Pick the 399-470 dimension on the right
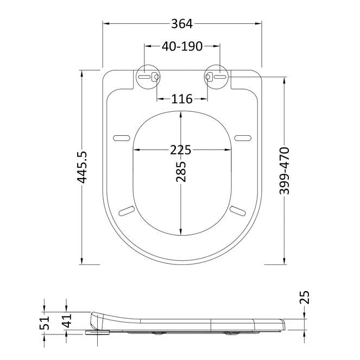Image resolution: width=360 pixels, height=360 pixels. (285, 170)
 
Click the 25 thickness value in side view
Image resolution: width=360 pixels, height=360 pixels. (305, 298)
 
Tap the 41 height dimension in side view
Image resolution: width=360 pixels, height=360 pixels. (66, 320)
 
